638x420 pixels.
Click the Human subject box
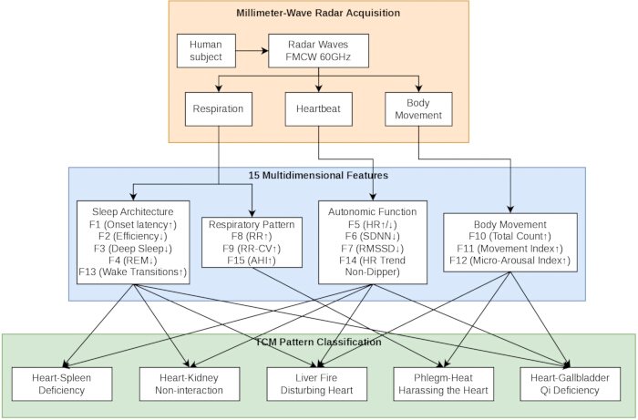point(206,51)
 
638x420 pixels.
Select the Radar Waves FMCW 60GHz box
point(319,51)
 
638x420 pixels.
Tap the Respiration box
point(219,109)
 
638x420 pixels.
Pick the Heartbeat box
point(319,109)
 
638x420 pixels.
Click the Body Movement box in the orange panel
point(418,109)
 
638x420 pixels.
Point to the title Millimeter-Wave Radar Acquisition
point(318,13)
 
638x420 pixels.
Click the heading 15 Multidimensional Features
point(318,175)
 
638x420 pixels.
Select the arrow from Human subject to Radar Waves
point(252,51)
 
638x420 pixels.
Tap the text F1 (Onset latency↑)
point(133,224)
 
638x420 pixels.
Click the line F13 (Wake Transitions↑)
point(133,272)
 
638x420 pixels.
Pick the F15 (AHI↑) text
point(252,261)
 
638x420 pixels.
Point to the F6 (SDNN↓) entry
point(373,236)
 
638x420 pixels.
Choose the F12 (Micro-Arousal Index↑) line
point(510,261)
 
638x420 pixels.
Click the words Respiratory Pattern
point(252,224)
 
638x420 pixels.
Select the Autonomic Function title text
point(373,212)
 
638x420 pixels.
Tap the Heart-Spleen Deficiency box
point(62,384)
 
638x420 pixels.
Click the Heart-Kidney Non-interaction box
point(190,384)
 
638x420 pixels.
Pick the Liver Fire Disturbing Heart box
point(317,384)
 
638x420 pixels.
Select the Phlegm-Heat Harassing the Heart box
point(444,384)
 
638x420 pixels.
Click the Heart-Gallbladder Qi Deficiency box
point(571,384)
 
